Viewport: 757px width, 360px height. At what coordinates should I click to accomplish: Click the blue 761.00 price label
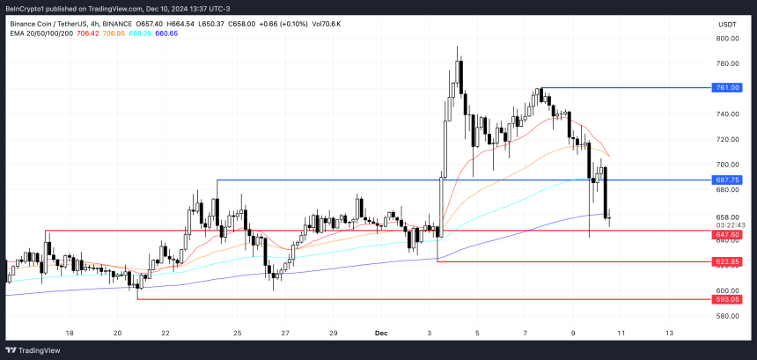(727, 88)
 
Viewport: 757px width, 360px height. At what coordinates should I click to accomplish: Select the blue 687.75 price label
(727, 180)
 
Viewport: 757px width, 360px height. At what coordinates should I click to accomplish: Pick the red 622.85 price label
(727, 261)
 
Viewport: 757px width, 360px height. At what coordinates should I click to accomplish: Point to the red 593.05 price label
(727, 299)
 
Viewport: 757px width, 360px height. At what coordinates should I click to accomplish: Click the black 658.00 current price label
(727, 217)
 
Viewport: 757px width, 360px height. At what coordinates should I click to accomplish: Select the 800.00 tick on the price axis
(727, 39)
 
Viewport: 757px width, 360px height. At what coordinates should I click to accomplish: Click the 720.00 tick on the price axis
(727, 139)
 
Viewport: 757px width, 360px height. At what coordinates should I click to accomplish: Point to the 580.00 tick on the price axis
(727, 316)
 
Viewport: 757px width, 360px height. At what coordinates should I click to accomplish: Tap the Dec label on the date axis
(381, 334)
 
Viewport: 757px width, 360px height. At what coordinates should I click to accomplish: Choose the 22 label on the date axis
(165, 334)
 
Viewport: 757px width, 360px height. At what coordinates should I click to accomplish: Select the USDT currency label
(727, 25)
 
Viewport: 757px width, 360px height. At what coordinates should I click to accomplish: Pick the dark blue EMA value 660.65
(165, 33)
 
